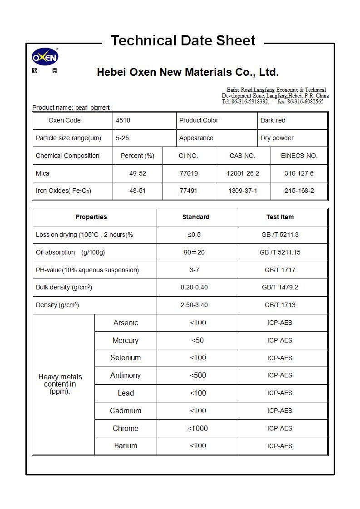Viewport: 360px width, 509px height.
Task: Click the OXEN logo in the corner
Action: [45, 58]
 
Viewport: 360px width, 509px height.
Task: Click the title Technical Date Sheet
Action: [183, 41]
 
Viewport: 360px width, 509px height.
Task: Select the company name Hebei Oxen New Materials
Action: [187, 72]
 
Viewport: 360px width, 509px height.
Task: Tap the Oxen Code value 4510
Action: [123, 120]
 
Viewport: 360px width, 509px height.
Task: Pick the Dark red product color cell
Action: [273, 120]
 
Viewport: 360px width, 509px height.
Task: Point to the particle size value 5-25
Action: [122, 138]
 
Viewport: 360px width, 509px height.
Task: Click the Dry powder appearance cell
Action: [277, 138]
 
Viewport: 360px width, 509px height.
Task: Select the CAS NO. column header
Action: [242, 156]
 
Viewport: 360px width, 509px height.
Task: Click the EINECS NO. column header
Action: [299, 156]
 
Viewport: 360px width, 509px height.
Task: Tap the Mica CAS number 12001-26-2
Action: [242, 173]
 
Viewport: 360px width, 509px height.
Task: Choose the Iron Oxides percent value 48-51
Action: [138, 191]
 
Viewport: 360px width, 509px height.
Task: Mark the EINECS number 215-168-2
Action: [299, 191]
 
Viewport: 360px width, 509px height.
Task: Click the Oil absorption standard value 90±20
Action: [194, 252]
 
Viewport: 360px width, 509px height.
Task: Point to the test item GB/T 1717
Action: [280, 270]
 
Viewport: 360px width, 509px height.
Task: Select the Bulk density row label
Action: [64, 287]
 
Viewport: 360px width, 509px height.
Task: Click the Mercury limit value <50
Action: [197, 340]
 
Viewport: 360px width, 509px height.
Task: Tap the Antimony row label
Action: [125, 375]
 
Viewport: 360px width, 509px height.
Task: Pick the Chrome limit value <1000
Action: [197, 428]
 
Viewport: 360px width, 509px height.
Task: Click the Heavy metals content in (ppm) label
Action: [60, 384]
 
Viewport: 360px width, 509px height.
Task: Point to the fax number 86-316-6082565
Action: [306, 102]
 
